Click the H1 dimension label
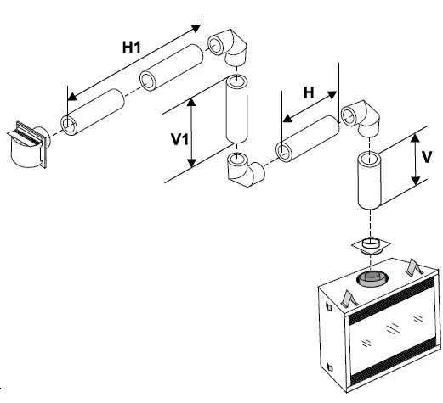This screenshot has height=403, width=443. coord(130,48)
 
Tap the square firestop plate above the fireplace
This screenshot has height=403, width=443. coord(370,248)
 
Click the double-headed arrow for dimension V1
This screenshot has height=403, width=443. coord(195,132)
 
